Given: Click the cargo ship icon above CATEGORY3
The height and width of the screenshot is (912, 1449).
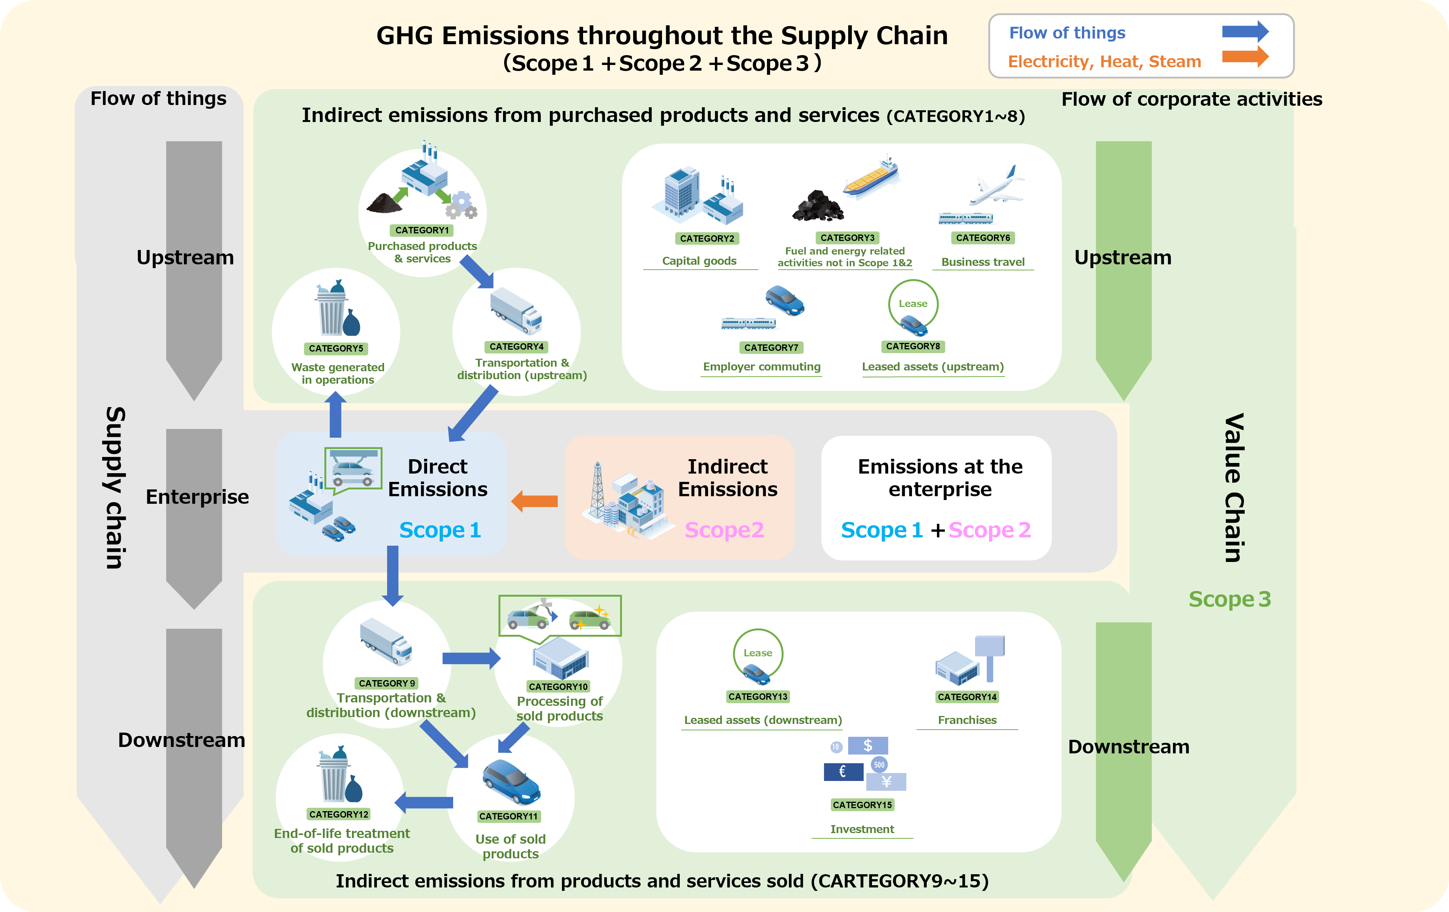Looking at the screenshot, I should (871, 178).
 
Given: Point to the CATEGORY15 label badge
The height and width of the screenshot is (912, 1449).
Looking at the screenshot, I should (862, 805).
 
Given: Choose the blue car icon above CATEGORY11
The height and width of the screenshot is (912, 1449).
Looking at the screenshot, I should (511, 782).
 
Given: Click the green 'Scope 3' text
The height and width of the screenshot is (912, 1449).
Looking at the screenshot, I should (1229, 599).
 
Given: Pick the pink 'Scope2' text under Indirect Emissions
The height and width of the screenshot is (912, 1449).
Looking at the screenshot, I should (724, 530).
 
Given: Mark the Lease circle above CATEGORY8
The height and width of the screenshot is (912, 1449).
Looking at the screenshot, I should (913, 304).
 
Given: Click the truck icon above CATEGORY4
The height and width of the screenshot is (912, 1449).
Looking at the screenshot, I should (516, 311).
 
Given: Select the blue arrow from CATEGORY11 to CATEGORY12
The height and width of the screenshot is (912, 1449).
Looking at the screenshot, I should (424, 802).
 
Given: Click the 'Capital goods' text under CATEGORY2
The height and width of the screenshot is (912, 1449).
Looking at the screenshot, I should (699, 261).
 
